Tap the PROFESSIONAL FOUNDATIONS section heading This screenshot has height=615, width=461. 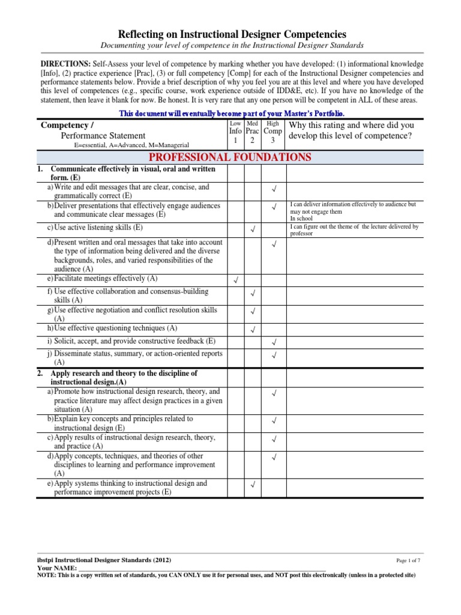[x=230, y=157]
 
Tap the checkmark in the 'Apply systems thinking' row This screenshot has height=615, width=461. [x=253, y=485]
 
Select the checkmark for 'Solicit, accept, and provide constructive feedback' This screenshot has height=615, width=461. [x=273, y=342]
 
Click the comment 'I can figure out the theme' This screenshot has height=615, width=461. [x=354, y=230]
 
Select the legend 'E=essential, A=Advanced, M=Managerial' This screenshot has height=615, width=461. [x=131, y=145]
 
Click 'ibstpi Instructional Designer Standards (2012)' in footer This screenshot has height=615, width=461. [x=104, y=560]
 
